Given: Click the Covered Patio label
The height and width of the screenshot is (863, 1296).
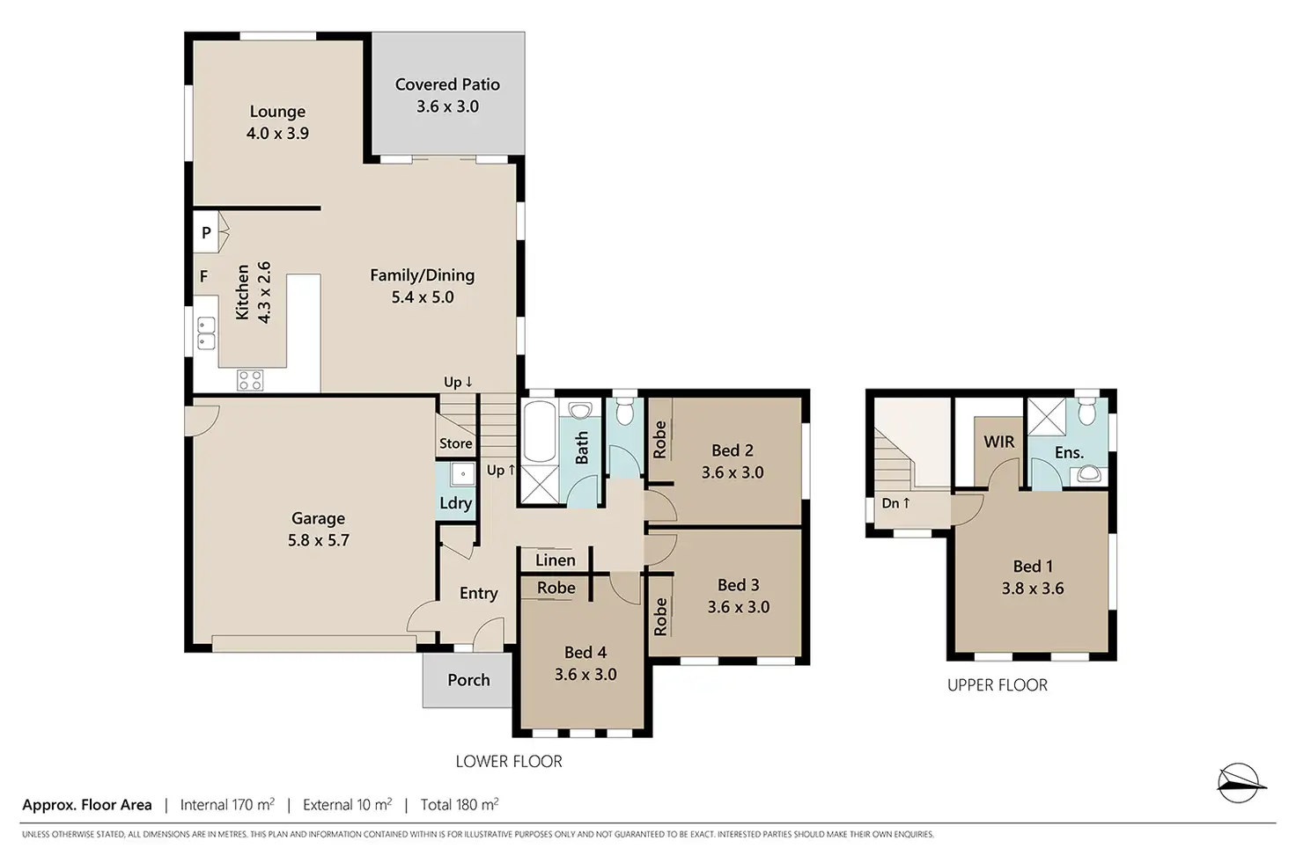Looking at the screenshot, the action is tap(447, 84).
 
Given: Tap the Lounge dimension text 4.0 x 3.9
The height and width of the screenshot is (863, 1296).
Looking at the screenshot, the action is tap(277, 134).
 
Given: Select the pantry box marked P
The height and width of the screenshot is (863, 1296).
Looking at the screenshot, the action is tap(206, 232).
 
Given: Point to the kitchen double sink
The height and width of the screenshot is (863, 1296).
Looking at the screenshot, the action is tap(206, 333).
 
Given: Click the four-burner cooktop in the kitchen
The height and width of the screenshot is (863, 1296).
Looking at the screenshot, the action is tap(250, 380).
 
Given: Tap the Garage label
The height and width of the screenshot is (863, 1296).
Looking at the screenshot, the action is tap(318, 518).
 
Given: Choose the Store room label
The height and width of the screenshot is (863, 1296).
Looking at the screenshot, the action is tap(455, 443).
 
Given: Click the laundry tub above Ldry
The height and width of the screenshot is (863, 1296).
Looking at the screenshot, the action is tap(463, 474).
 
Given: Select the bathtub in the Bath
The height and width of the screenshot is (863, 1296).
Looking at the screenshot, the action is tap(540, 431).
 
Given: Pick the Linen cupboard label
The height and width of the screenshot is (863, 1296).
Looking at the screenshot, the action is tap(556, 560).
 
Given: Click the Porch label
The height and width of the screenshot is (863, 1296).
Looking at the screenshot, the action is tap(468, 680).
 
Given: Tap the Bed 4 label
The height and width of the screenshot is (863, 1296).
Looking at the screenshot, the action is tap(585, 653).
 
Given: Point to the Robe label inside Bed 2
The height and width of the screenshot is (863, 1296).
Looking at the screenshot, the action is tap(659, 440).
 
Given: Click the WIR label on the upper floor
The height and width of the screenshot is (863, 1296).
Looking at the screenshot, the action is tap(998, 442).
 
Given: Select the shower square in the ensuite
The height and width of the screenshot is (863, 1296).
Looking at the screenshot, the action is tap(1046, 416).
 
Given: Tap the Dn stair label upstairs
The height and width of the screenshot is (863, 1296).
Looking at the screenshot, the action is tap(895, 503).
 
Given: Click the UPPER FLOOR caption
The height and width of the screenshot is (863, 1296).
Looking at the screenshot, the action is tap(998, 685).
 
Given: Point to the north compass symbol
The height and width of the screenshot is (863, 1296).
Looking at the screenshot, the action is tap(1241, 783).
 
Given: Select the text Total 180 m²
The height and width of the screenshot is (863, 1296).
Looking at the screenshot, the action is tap(460, 805).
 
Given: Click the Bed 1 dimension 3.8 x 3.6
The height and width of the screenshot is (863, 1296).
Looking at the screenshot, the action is tap(1033, 589).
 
